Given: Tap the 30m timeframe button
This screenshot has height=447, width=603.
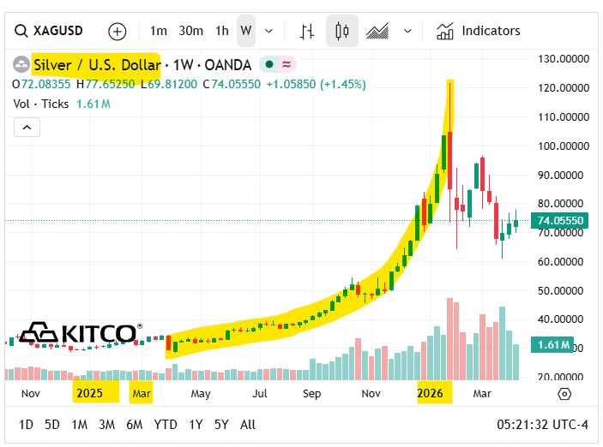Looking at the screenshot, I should tap(190, 31).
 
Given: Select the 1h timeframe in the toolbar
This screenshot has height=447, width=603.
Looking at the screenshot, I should tap(222, 31).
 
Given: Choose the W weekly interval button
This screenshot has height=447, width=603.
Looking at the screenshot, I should tap(246, 31).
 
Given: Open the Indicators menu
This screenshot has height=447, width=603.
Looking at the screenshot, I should tap(479, 31).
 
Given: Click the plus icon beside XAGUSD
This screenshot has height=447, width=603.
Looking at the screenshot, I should tap(118, 32).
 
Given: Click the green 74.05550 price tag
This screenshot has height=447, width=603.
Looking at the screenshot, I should tap(559, 221).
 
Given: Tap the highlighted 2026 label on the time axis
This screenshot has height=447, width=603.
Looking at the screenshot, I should tap(430, 393).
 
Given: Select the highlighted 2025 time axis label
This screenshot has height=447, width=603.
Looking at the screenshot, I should tap(89, 393).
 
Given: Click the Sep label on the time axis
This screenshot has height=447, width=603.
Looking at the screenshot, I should tap(311, 393).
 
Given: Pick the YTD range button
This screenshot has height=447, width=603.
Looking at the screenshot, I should tap(166, 424).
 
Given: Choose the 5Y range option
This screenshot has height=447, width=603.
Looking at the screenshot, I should tap(221, 424).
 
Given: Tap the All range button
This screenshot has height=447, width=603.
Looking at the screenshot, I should tap(248, 424).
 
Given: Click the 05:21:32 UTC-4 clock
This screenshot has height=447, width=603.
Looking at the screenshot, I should tap(541, 424).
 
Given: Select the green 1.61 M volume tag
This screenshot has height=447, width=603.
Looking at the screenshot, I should tap(553, 345).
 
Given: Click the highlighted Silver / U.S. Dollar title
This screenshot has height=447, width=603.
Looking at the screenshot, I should tap(96, 64).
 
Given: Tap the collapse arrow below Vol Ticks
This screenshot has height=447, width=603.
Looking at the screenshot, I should tap(27, 127).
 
